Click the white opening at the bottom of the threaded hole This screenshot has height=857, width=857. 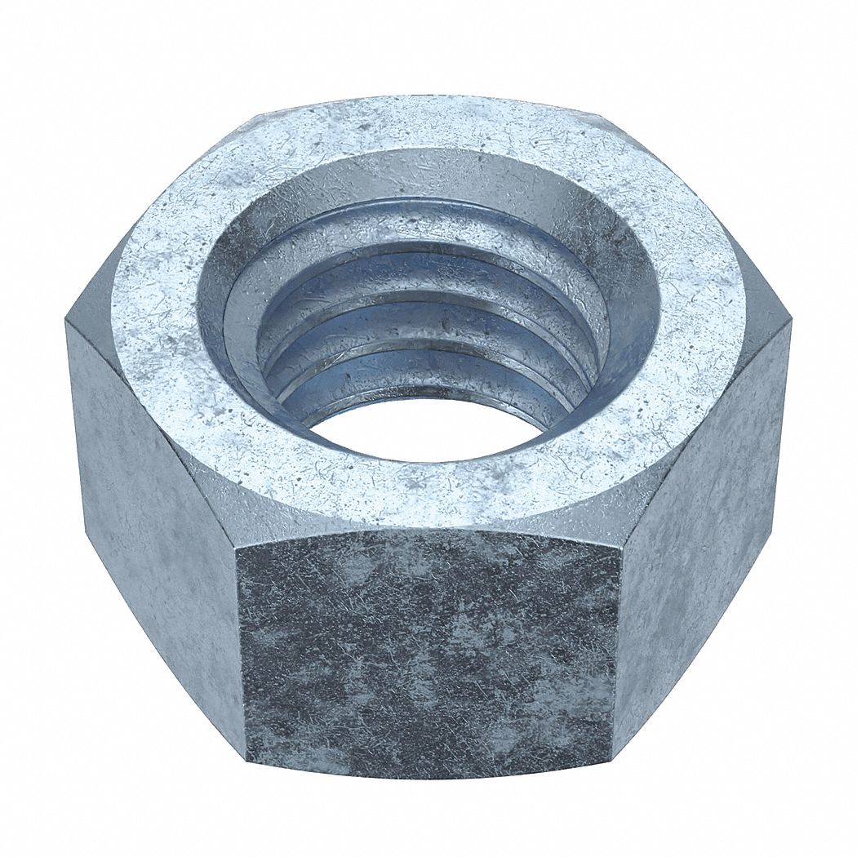tap(424, 428)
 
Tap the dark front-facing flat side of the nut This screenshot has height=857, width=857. tap(428, 653)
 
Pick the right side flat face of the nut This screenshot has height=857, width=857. tap(702, 522)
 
